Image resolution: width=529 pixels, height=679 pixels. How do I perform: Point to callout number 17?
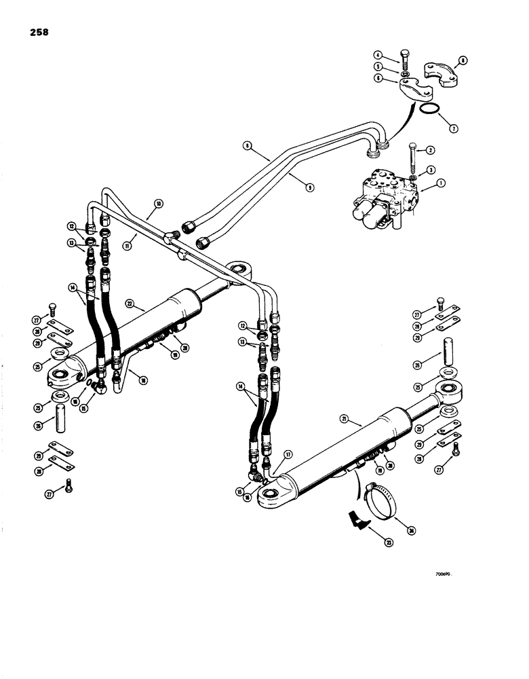(x=288, y=455)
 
